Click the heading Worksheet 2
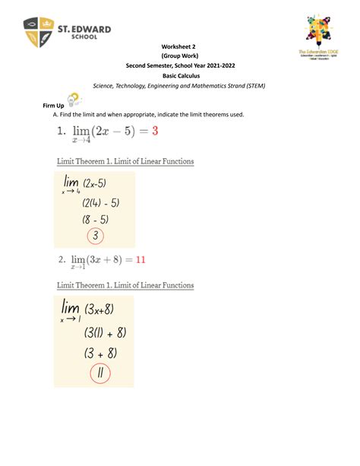click(x=180, y=46)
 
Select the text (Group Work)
click(x=180, y=55)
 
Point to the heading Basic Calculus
click(x=180, y=76)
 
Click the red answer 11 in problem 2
click(x=141, y=259)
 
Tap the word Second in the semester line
click(x=139, y=66)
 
